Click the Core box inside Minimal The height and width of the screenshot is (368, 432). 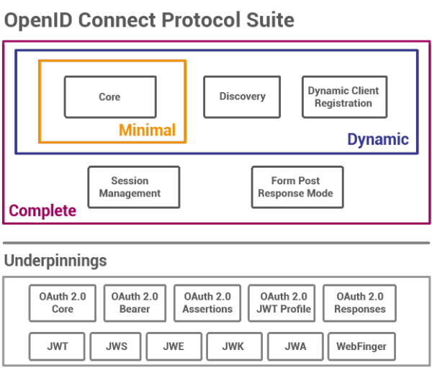(x=109, y=97)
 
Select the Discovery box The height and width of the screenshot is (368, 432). (x=242, y=97)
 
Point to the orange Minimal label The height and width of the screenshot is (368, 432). (x=147, y=130)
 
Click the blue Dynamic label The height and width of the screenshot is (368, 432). (x=378, y=140)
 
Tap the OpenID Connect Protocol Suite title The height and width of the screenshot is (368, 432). (x=149, y=19)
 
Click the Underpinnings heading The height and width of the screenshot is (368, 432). (x=55, y=261)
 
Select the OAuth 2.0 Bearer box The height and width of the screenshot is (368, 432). (x=135, y=303)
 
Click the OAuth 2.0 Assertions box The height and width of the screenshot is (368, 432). (x=207, y=303)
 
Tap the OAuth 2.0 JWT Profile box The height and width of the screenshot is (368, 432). (x=281, y=303)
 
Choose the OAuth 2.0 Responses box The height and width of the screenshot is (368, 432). (x=359, y=303)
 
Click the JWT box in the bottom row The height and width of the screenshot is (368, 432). (x=57, y=346)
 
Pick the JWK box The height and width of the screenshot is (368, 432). (x=233, y=346)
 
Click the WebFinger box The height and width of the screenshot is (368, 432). (x=361, y=346)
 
